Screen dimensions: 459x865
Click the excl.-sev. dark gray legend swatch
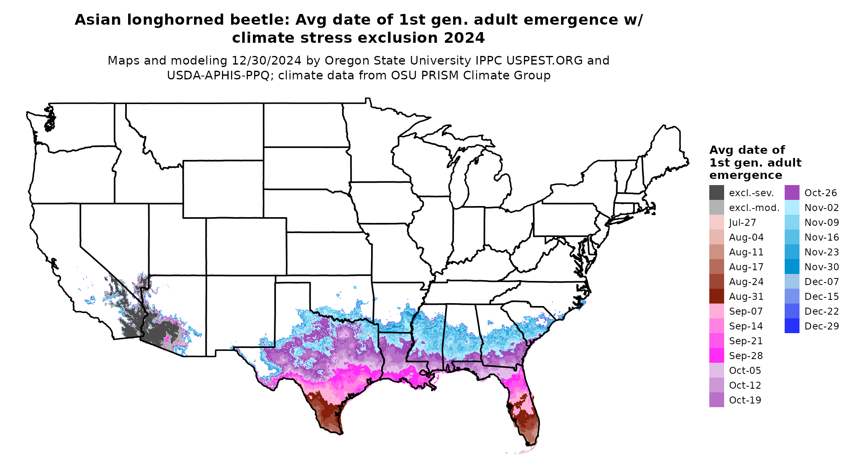click(x=716, y=192)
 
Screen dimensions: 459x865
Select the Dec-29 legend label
click(x=821, y=326)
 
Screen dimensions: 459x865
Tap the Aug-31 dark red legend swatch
click(x=716, y=296)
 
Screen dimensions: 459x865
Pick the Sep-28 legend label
click(x=746, y=356)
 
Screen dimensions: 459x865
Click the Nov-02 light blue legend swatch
click(x=792, y=207)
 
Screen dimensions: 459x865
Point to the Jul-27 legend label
click(x=742, y=223)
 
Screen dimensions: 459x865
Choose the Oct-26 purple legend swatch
click(x=792, y=192)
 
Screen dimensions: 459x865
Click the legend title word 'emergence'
click(x=746, y=175)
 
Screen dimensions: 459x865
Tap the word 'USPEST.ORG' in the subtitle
click(x=544, y=60)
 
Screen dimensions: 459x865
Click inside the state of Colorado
click(x=246, y=246)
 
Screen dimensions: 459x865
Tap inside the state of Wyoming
click(x=223, y=189)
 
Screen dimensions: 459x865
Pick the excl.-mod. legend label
click(x=754, y=208)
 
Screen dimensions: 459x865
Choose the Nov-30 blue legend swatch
click(x=792, y=267)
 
